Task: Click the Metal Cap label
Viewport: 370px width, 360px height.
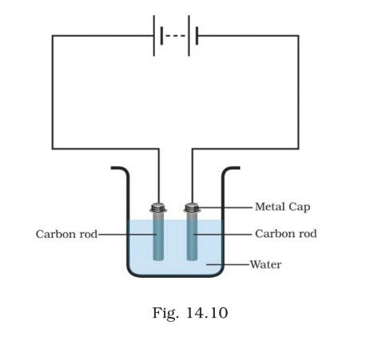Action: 282,207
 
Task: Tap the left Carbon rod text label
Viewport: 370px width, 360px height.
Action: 66,234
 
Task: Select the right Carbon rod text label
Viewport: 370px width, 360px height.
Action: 285,234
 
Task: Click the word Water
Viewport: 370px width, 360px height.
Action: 267,263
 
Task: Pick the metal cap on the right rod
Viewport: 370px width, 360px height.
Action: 191,209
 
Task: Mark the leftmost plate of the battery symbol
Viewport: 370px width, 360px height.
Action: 155,36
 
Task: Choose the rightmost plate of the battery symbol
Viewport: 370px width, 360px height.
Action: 196,36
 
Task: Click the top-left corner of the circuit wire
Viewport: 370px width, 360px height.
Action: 53,36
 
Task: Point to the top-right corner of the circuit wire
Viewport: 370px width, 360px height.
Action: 299,36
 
